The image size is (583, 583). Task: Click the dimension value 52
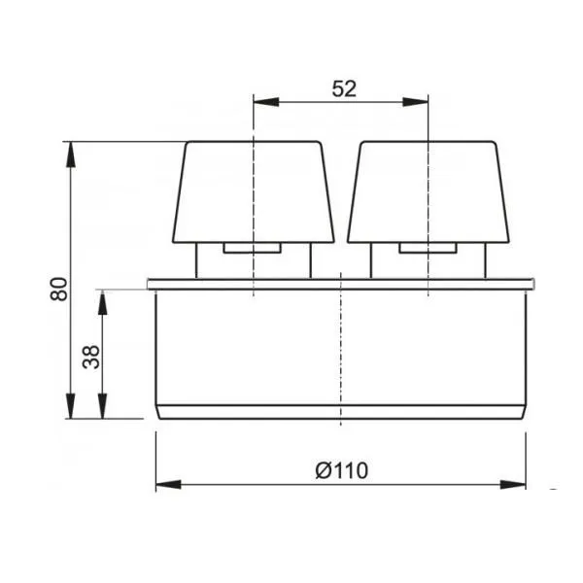point(344,89)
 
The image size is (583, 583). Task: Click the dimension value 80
point(59,289)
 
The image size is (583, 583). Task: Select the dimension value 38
point(91,357)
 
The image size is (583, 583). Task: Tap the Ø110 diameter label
point(342,470)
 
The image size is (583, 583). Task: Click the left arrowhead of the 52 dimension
point(266,102)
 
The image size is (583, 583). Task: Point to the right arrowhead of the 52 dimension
point(415,102)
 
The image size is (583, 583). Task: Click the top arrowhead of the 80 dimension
point(70,154)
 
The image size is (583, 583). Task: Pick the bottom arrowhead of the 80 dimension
point(70,406)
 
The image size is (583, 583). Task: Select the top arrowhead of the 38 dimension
point(102,302)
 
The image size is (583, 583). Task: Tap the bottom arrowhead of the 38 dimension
point(102,406)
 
